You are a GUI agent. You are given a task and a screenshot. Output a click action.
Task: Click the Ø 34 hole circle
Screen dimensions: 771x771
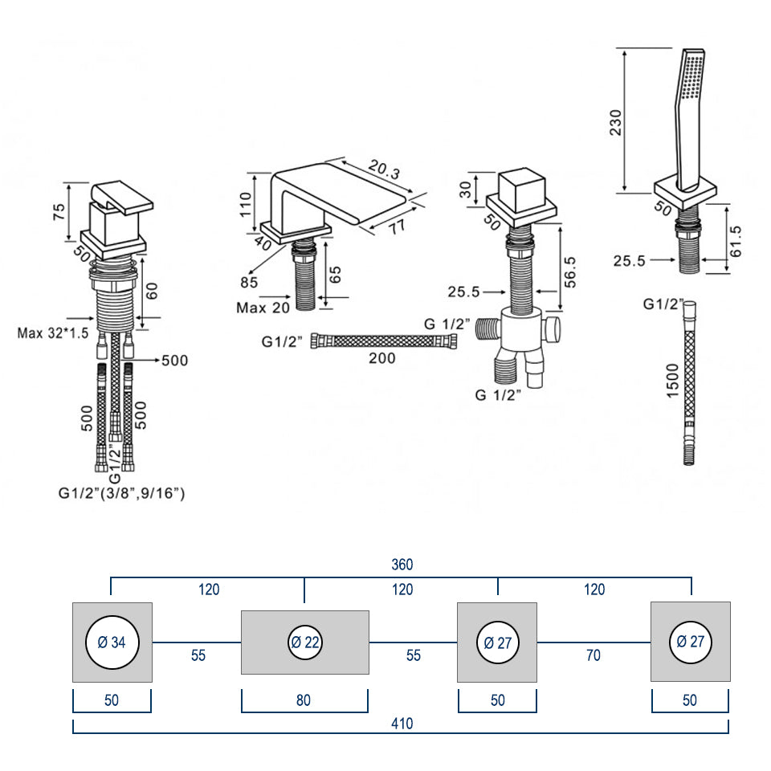[112, 642]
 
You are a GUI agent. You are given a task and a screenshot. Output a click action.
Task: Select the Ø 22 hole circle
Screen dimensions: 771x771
[305, 642]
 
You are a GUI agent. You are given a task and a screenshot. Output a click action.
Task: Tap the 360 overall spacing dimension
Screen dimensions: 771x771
[402, 565]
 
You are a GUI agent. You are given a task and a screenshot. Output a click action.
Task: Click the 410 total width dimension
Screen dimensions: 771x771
[402, 724]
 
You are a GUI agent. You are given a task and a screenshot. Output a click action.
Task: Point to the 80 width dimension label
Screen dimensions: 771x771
[304, 700]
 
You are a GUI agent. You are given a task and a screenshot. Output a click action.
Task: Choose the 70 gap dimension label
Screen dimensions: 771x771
[593, 655]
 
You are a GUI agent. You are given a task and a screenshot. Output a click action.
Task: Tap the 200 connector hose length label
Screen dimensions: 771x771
[382, 358]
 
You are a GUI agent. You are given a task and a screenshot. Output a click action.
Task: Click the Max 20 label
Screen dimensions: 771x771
[263, 308]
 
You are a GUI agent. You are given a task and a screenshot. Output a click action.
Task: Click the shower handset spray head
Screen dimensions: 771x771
[692, 80]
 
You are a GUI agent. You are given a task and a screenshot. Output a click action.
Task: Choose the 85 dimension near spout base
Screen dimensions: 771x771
[248, 282]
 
